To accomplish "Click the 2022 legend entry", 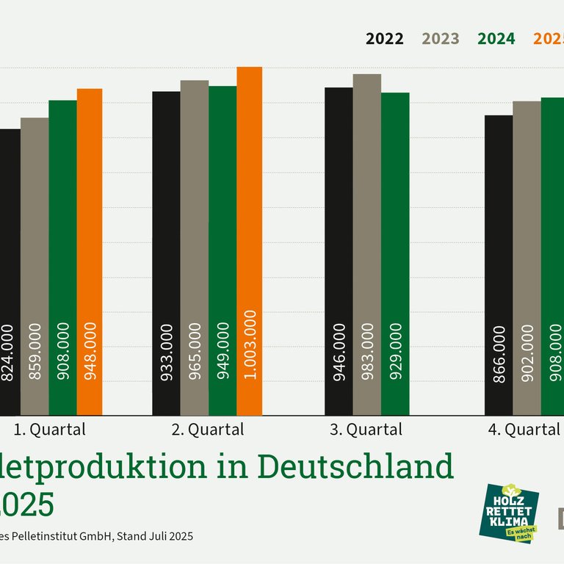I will (x=385, y=39).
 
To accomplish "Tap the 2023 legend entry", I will (x=441, y=39).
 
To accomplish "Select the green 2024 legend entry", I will (x=496, y=39).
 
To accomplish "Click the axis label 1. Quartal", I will (x=50, y=430).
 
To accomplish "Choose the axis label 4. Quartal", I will (x=524, y=430).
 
